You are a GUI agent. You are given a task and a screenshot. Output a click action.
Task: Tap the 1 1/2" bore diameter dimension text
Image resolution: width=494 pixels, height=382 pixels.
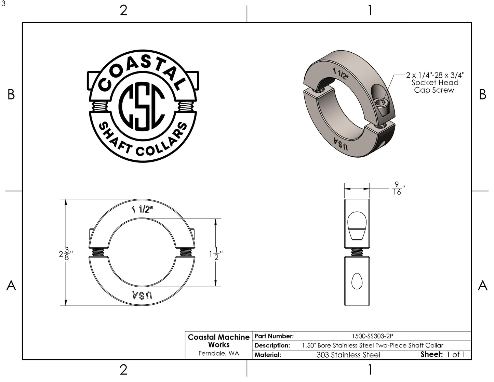[216, 255]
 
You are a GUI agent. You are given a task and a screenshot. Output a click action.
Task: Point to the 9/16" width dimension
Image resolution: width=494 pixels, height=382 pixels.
[397, 188]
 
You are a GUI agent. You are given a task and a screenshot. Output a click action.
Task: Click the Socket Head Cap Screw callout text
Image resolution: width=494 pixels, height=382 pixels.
[435, 83]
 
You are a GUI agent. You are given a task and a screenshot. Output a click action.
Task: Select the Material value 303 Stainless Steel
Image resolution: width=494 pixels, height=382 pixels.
[348, 355]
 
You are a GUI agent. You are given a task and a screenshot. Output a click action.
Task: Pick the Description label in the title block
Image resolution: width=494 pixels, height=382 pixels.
[272, 345]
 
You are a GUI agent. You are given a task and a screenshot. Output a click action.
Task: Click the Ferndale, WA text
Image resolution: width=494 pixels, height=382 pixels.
[219, 354]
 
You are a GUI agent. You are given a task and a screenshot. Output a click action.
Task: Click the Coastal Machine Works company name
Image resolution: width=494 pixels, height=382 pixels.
[219, 341]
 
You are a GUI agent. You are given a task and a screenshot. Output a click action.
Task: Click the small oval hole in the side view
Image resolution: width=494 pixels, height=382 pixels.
[357, 281]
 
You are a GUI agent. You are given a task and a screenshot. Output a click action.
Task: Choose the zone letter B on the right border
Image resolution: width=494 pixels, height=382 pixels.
[482, 95]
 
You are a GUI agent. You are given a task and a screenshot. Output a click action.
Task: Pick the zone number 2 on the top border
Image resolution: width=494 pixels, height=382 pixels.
[123, 10]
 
